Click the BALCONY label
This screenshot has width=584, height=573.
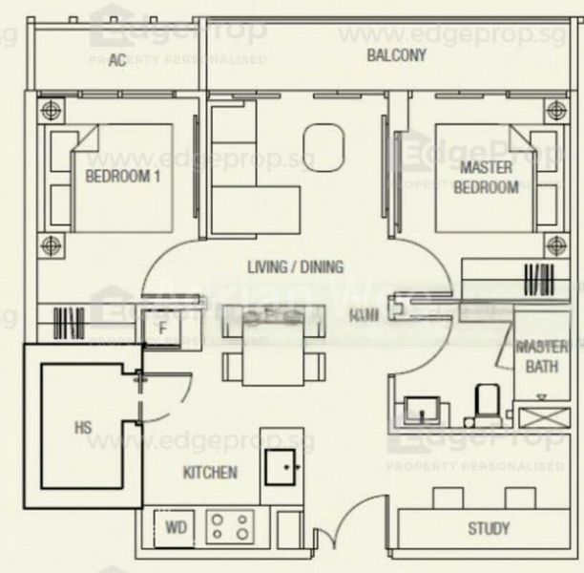point(396,55)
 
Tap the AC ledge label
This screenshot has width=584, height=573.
point(117,61)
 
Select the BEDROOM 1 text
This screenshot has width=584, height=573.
point(121,177)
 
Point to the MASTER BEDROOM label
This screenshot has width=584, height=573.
point(486,178)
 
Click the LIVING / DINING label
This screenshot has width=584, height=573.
point(294,267)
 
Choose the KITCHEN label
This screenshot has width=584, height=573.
point(210,472)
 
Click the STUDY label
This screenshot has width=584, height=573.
point(489,528)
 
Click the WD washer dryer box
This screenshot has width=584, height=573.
point(176,527)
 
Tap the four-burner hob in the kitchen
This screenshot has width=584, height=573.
point(231,526)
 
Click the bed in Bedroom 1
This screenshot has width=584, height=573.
point(121,177)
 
